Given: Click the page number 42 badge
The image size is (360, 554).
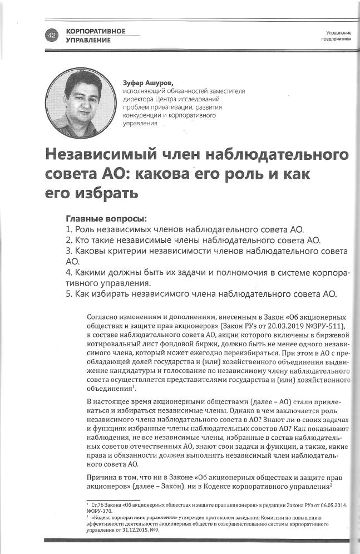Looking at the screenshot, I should tap(52, 36).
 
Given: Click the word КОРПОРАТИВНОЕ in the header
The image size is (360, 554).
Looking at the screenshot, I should tap(95, 31).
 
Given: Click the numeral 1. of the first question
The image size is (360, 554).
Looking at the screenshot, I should tap(69, 229).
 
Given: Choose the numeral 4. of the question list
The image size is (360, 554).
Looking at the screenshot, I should tap(69, 272).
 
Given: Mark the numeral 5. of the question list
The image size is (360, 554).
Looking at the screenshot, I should tap(69, 293).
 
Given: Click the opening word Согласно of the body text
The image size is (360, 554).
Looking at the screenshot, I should tap(103, 316).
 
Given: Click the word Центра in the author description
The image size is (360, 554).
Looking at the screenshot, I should tap(186, 99).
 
